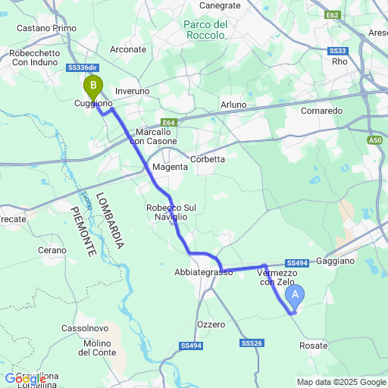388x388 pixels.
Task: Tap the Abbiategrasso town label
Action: [203, 272]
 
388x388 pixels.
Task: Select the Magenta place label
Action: [170, 167]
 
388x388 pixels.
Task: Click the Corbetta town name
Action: [208, 159]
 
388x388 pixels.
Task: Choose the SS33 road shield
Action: [338, 51]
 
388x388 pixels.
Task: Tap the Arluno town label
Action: [233, 105]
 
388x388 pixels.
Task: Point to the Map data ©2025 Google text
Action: [341, 382]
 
